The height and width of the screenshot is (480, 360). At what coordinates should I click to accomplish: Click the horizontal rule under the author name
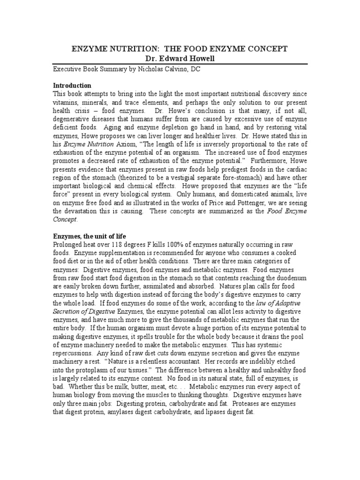point(180,63)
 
